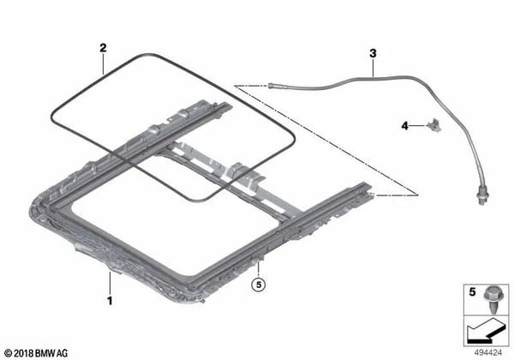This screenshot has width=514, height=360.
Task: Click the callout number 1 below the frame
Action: click(110, 301)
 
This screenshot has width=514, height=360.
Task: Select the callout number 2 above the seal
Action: click(103, 48)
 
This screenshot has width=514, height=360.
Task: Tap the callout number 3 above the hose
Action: click(373, 53)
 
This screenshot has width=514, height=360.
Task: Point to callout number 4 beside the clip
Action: click(405, 126)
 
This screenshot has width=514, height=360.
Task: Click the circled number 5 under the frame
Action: click(259, 285)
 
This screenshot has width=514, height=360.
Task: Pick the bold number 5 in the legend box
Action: click(472, 291)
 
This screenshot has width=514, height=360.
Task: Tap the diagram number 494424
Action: click(488, 353)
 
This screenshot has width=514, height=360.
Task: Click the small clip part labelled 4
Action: click(433, 125)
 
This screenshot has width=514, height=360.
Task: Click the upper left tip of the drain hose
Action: click(269, 85)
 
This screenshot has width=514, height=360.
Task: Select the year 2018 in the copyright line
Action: click(24, 353)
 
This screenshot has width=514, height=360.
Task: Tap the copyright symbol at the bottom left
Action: click(9, 353)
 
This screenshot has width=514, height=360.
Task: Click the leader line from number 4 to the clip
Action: click(418, 126)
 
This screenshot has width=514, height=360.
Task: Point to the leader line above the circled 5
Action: click(259, 269)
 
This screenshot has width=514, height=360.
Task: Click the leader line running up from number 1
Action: click(110, 283)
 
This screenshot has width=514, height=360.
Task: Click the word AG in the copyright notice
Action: click(63, 353)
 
